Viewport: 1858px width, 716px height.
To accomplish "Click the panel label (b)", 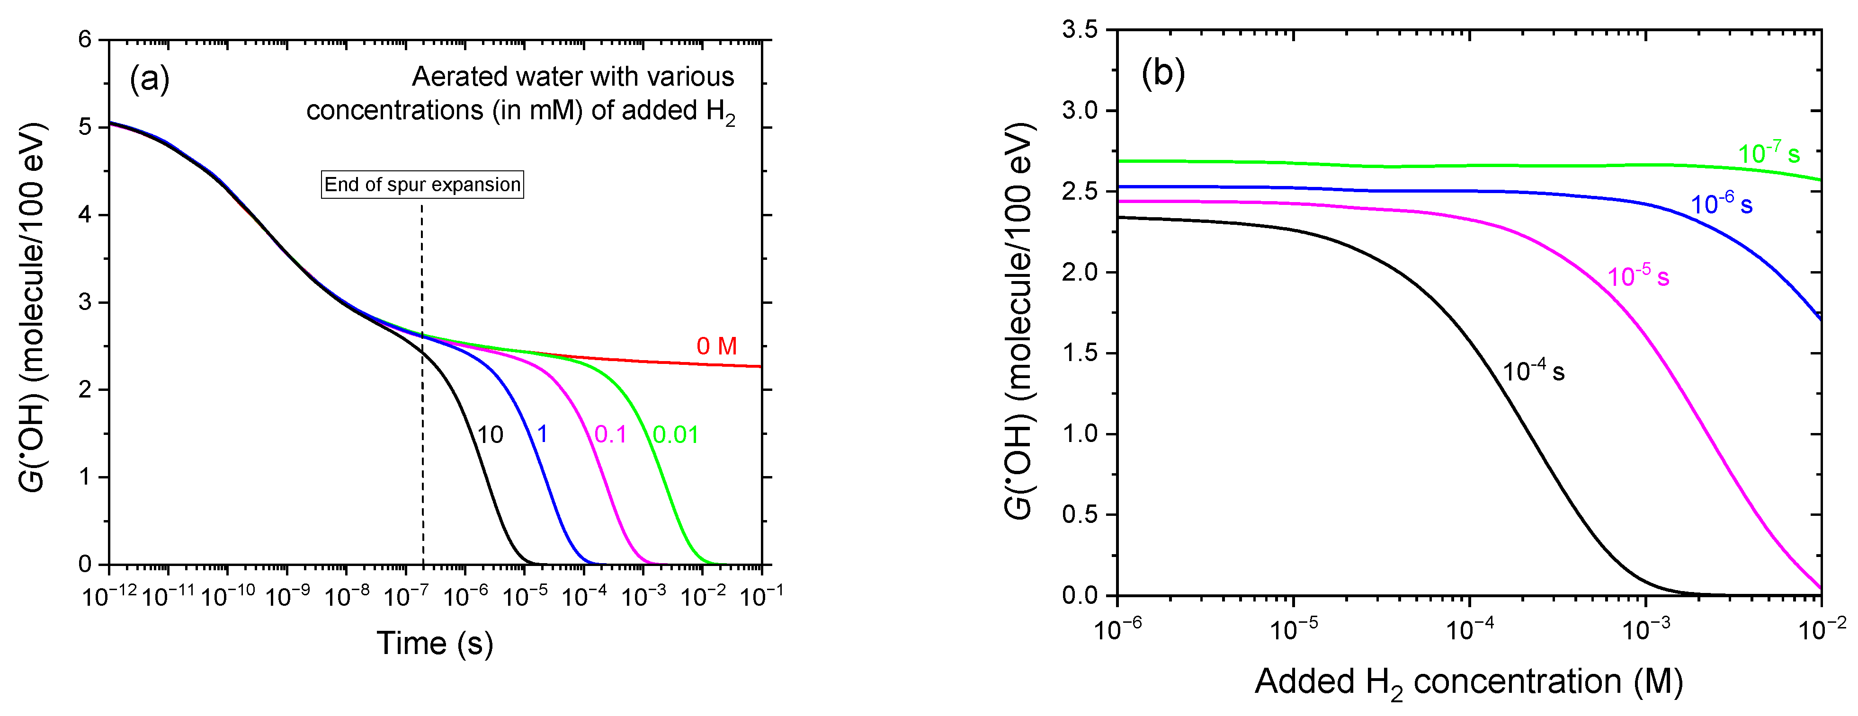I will pos(1163,73).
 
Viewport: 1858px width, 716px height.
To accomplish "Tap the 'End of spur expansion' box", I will pos(422,185).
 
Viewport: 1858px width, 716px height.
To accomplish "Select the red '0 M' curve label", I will pos(716,346).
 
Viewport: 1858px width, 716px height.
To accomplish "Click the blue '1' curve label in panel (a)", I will pos(543,434).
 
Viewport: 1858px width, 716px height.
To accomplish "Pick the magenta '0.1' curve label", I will pos(610,435).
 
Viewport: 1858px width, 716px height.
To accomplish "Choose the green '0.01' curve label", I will pos(676,435).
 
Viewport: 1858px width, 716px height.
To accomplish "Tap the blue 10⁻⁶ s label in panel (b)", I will pos(1722,204).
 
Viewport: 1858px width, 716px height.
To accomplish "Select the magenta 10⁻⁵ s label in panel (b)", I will pos(1638,276).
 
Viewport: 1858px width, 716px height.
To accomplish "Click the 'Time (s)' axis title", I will pos(435,643).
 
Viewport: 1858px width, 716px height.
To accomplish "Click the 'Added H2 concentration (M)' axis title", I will pos(1468,682).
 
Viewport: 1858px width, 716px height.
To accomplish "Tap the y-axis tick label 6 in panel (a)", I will pos(85,40).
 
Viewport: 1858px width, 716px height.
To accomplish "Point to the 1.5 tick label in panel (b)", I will pos(1079,353).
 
